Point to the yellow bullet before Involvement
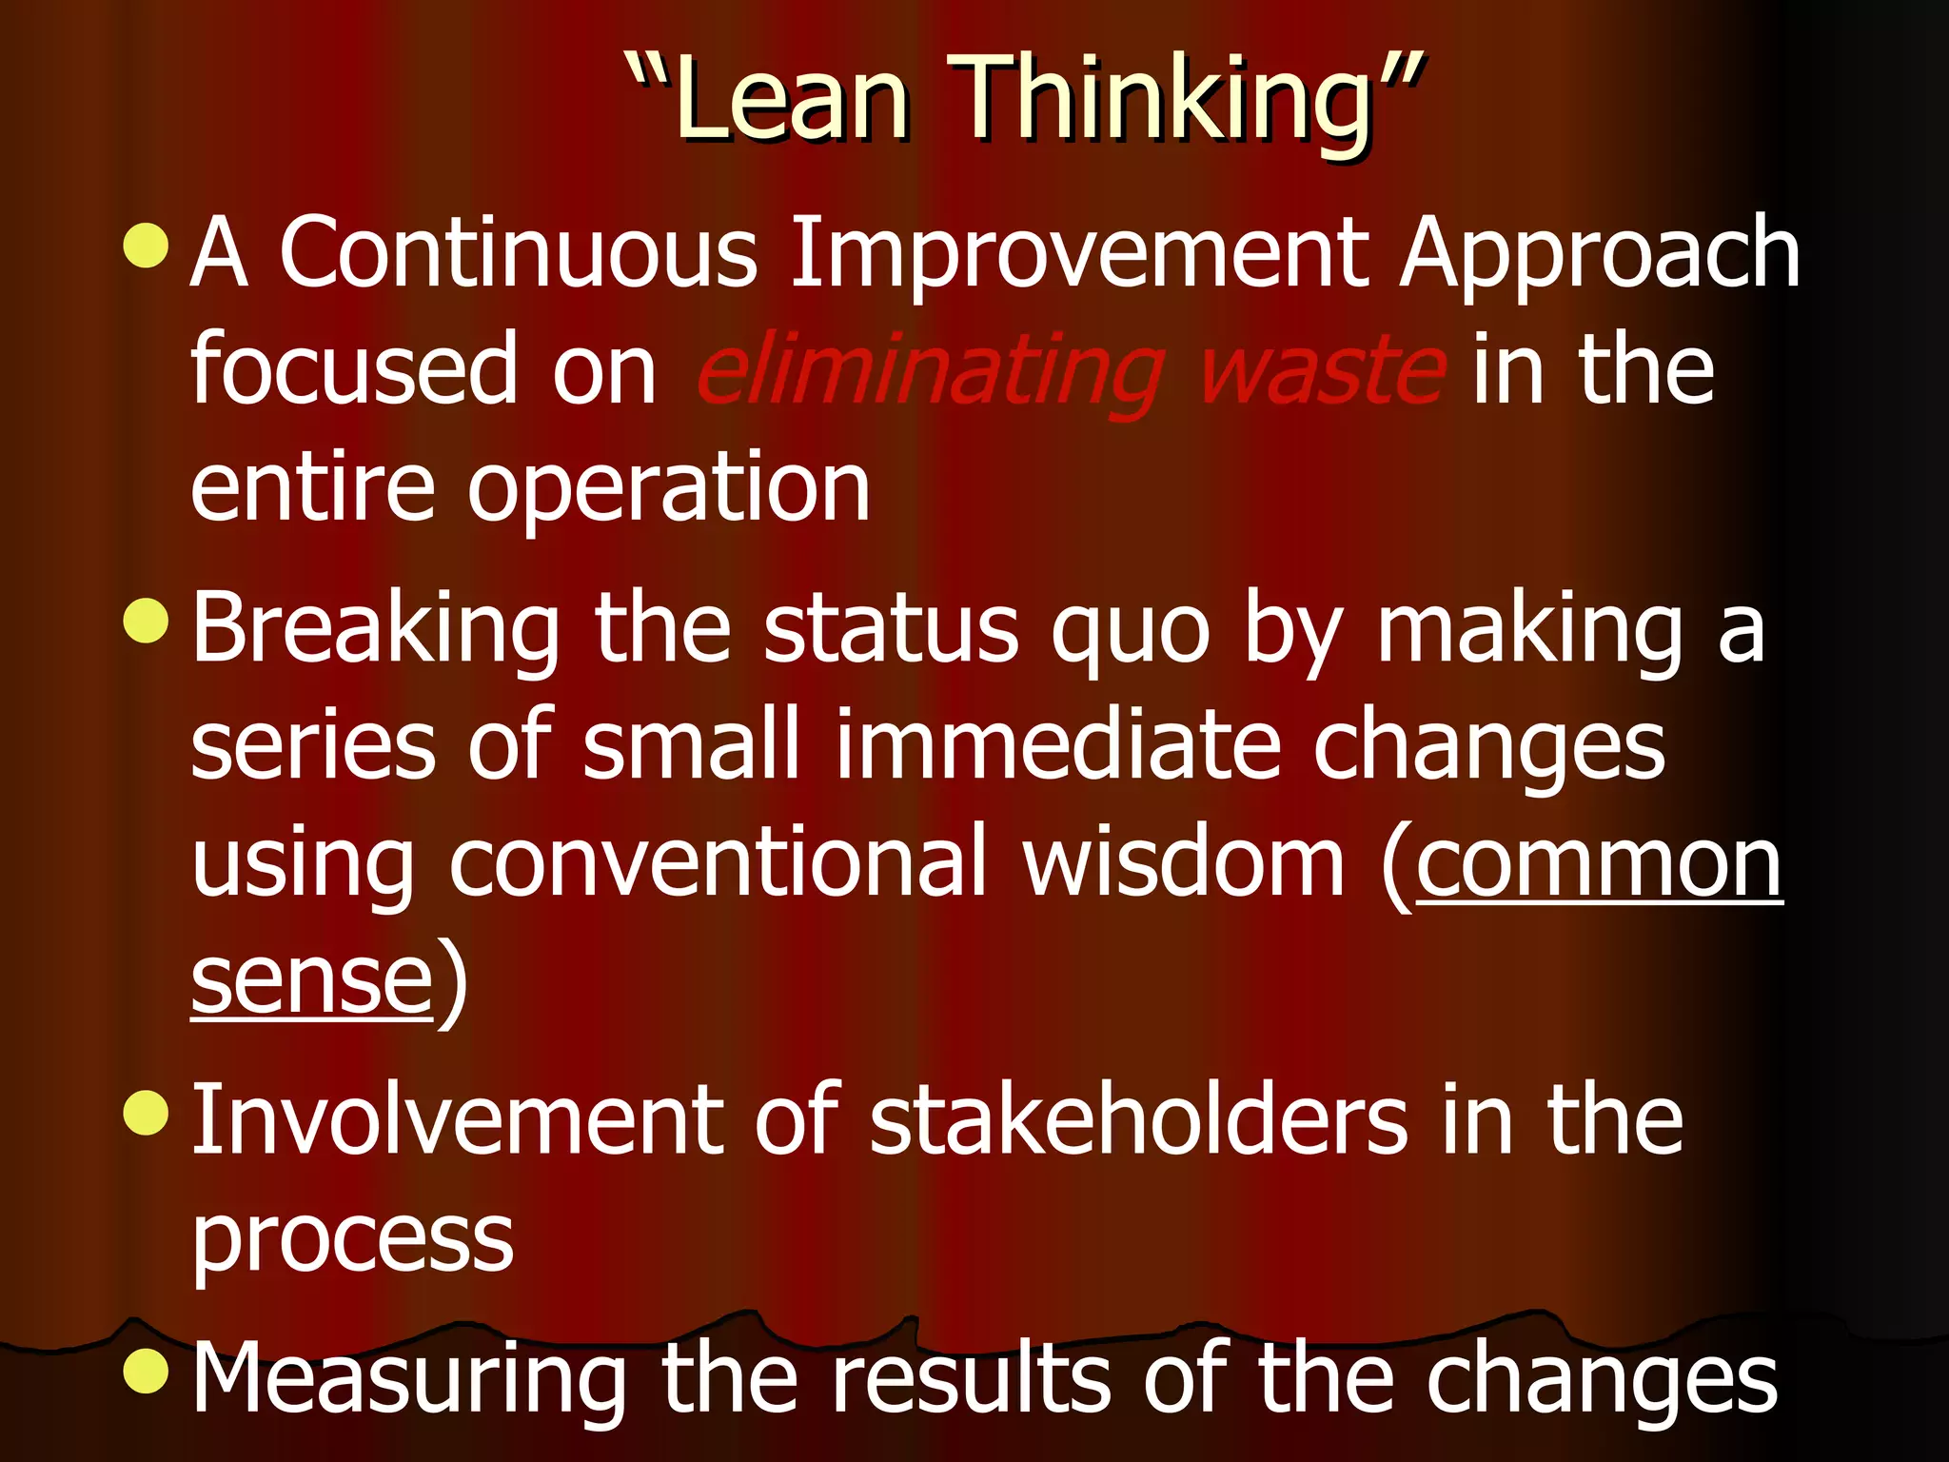pyautogui.click(x=147, y=1113)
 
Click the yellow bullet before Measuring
pyautogui.click(x=147, y=1370)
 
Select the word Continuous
pyautogui.click(x=519, y=253)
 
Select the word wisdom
pyautogui.click(x=1183, y=863)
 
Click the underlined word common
pyautogui.click(x=1598, y=863)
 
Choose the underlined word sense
pyautogui.click(x=312, y=982)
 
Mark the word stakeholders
pyautogui.click(x=1137, y=1120)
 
